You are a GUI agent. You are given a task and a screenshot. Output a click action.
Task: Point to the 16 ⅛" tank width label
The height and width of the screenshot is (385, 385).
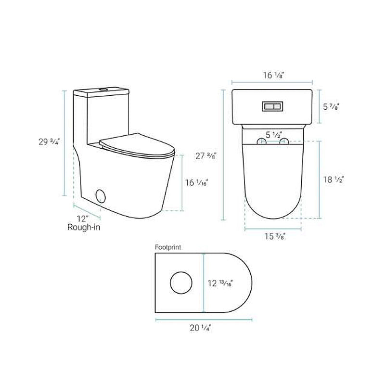(272, 75)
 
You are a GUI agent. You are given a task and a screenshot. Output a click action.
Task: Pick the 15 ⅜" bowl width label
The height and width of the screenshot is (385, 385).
(273, 236)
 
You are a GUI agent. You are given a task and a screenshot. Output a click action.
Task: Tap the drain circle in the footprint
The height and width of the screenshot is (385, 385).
(180, 283)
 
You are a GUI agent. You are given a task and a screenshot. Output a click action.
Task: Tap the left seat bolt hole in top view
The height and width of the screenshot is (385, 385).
(262, 141)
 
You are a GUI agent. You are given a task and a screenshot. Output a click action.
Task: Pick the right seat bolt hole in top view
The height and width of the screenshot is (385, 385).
(283, 141)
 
